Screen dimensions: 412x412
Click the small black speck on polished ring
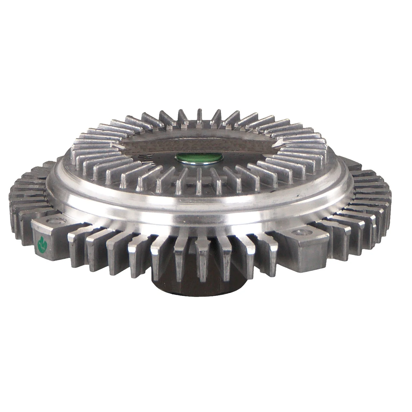pos(297,194)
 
